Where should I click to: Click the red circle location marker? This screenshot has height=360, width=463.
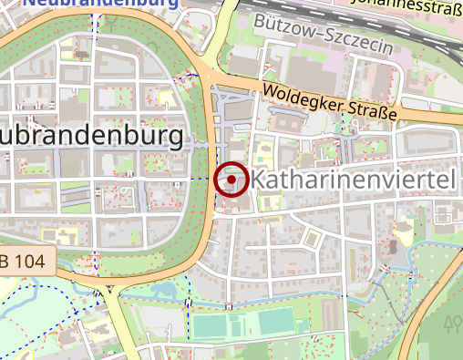[231, 180]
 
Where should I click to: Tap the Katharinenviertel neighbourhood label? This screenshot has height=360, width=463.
[352, 180]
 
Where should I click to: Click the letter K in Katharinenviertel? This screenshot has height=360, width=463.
[258, 180]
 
